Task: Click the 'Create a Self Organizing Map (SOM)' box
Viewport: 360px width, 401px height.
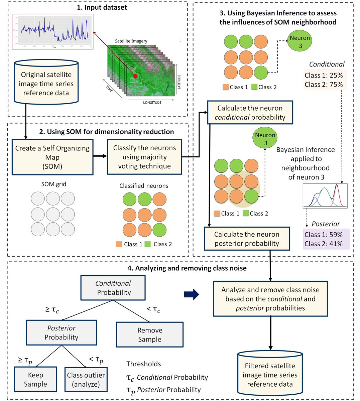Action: coord(52,157)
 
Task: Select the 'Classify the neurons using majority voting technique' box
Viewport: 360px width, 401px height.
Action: coord(144,157)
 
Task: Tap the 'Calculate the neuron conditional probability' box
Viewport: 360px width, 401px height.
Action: coord(250,113)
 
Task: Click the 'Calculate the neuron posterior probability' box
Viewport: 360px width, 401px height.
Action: coord(247,239)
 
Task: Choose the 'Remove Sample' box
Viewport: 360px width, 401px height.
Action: coord(150,335)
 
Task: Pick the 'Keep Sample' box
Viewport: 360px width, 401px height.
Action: coord(35,379)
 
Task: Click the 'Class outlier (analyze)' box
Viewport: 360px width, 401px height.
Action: coord(86,379)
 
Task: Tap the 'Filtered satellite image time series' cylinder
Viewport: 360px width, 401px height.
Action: coord(270,375)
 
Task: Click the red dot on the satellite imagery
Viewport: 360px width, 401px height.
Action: coord(135,76)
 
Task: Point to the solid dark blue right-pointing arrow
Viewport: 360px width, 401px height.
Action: coord(192,294)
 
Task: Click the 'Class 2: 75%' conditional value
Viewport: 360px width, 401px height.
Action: coord(324,85)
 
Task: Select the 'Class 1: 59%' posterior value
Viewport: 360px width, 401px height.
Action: coord(324,235)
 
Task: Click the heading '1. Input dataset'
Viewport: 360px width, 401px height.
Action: coord(102,7)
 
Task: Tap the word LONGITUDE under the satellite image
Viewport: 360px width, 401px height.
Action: coord(152,103)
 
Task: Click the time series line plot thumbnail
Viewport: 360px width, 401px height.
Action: coord(53,31)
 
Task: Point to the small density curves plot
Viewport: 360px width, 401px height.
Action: coord(325,196)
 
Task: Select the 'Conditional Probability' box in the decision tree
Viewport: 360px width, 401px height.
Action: coord(113,288)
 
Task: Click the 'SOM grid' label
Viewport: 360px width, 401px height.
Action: coord(53,184)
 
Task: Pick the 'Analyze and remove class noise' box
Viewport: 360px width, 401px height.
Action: coord(270,299)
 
